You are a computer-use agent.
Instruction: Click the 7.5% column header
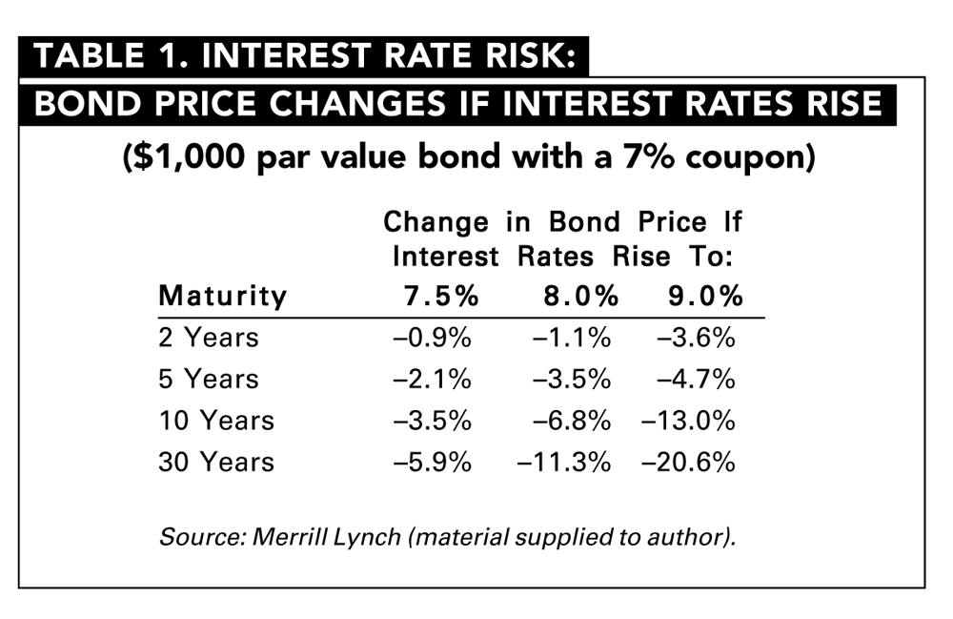click(436, 296)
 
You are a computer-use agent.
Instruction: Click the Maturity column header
click(222, 296)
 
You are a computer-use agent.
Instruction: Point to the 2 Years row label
click(208, 338)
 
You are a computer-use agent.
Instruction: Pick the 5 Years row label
click(208, 379)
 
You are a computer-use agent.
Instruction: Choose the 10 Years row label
click(215, 421)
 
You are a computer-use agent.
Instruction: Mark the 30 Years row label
click(215, 463)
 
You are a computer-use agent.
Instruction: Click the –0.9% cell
click(433, 338)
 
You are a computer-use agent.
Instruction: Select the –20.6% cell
click(688, 463)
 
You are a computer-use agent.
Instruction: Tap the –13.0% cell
click(688, 421)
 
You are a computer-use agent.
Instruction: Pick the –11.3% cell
click(563, 463)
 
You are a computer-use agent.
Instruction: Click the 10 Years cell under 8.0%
click(571, 421)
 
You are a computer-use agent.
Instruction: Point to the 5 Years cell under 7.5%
click(433, 379)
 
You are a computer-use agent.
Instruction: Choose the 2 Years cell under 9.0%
click(696, 338)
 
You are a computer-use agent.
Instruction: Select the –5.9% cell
click(433, 463)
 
